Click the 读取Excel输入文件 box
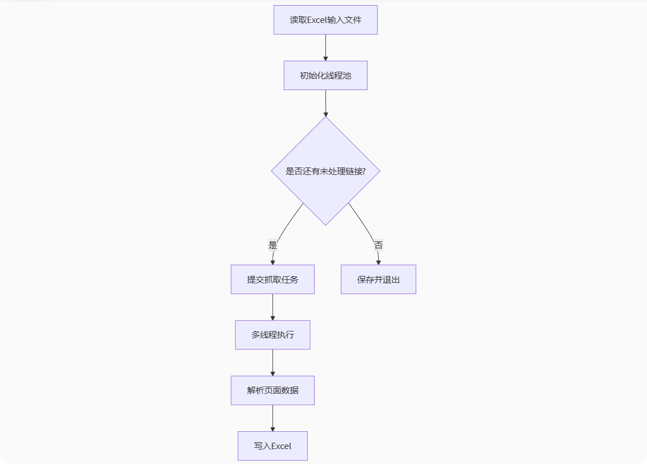[325, 20]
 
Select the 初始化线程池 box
[325, 76]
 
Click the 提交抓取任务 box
[272, 279]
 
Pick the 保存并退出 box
[378, 279]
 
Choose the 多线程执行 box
[272, 335]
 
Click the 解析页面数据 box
[272, 391]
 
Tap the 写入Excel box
[272, 446]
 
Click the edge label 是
[272, 245]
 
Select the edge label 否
[378, 245]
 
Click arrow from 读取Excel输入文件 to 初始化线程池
[325, 47]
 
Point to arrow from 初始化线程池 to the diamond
[325, 103]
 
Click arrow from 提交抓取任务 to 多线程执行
[272, 306]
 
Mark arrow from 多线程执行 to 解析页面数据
[272, 362]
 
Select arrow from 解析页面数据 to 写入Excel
[272, 418]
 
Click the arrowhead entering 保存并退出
[379, 262]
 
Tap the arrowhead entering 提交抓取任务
[272, 262]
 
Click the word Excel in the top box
[317, 20]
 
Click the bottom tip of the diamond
[325, 225]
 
